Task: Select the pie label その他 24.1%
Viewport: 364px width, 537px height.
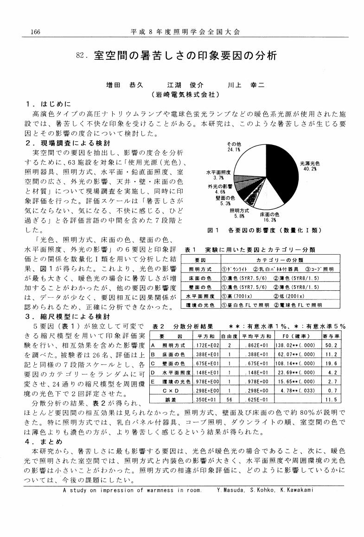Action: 233,147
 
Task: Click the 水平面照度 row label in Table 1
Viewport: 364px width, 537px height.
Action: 200,296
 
